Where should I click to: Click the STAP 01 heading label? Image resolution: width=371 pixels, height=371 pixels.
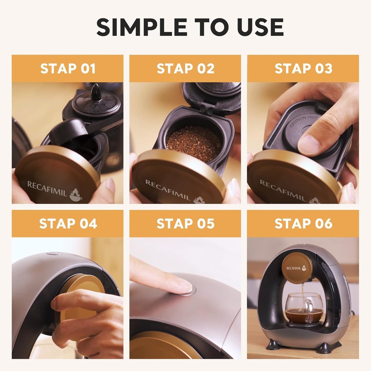coord(68,68)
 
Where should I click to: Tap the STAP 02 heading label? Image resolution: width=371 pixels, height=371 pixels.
coord(185,68)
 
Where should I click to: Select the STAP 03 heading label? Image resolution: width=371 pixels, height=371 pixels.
coord(303,68)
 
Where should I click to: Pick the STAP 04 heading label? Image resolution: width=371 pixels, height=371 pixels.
coord(68,224)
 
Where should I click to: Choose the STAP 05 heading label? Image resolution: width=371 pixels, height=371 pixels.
coord(185,224)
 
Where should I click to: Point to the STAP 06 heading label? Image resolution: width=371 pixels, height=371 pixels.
coord(303,224)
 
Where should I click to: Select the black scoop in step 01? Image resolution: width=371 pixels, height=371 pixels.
coord(69,133)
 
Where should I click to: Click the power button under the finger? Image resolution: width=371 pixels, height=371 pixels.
coord(189,289)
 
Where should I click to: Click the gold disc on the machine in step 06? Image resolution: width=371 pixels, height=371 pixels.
coord(297,268)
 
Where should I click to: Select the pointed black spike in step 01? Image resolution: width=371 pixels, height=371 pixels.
coord(96,92)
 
